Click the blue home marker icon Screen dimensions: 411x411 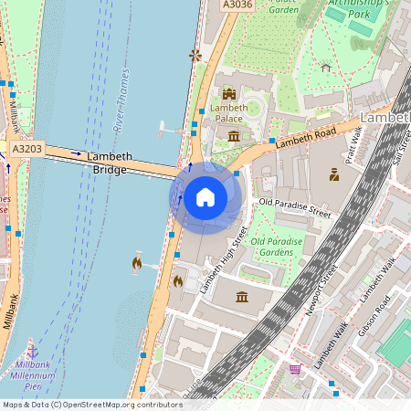pos(205,196)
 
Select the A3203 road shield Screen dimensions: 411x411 pos(28,147)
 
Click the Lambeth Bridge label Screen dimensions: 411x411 pos(110,163)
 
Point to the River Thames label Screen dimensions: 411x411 pos(121,101)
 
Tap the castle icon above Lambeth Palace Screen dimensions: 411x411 pos(228,93)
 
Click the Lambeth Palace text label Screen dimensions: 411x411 pos(228,114)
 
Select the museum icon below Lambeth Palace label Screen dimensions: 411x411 pos(234,136)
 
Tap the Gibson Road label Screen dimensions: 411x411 pos(374,315)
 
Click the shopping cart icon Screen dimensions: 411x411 pos(295,369)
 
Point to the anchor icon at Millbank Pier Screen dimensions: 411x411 pos(32,351)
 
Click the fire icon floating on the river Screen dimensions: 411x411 pos(136,263)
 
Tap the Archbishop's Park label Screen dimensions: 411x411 pos(362,9)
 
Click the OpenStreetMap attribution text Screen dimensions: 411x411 pos(92,405)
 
